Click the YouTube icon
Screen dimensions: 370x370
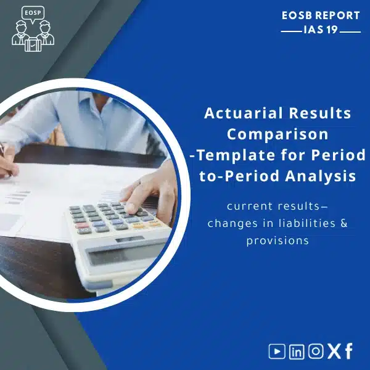[x=277, y=351]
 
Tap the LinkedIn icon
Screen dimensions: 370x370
[x=297, y=351]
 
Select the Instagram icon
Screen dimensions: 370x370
[x=315, y=351]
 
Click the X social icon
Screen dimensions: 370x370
[x=334, y=351]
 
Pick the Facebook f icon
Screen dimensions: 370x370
[x=349, y=351]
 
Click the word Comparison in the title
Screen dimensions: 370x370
[x=277, y=134]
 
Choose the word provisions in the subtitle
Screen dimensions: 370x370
[x=277, y=240]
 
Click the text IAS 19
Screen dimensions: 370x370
[x=321, y=30]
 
